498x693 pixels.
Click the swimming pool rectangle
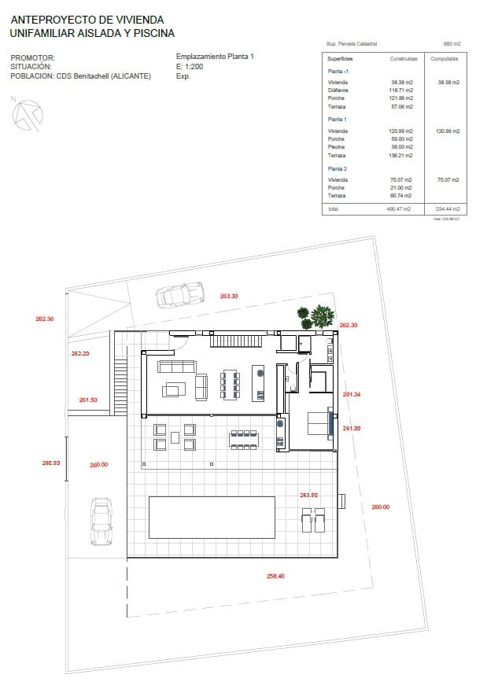point(212,517)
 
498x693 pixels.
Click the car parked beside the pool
point(100,521)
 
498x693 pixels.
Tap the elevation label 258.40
point(275,576)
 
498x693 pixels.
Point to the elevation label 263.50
point(308,495)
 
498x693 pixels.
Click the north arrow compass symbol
point(27,115)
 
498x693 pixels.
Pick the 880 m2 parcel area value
point(452,44)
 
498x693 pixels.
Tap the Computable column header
point(444,59)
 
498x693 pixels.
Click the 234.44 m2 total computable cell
point(447,209)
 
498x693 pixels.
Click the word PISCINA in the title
point(153,34)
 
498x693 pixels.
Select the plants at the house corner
point(316,317)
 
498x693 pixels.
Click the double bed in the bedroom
point(319,422)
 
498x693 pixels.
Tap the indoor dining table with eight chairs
point(230,384)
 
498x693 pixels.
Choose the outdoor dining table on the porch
point(244,439)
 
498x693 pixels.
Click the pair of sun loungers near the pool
point(312,520)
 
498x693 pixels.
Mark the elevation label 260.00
point(380,507)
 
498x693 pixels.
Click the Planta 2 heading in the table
point(337,169)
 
